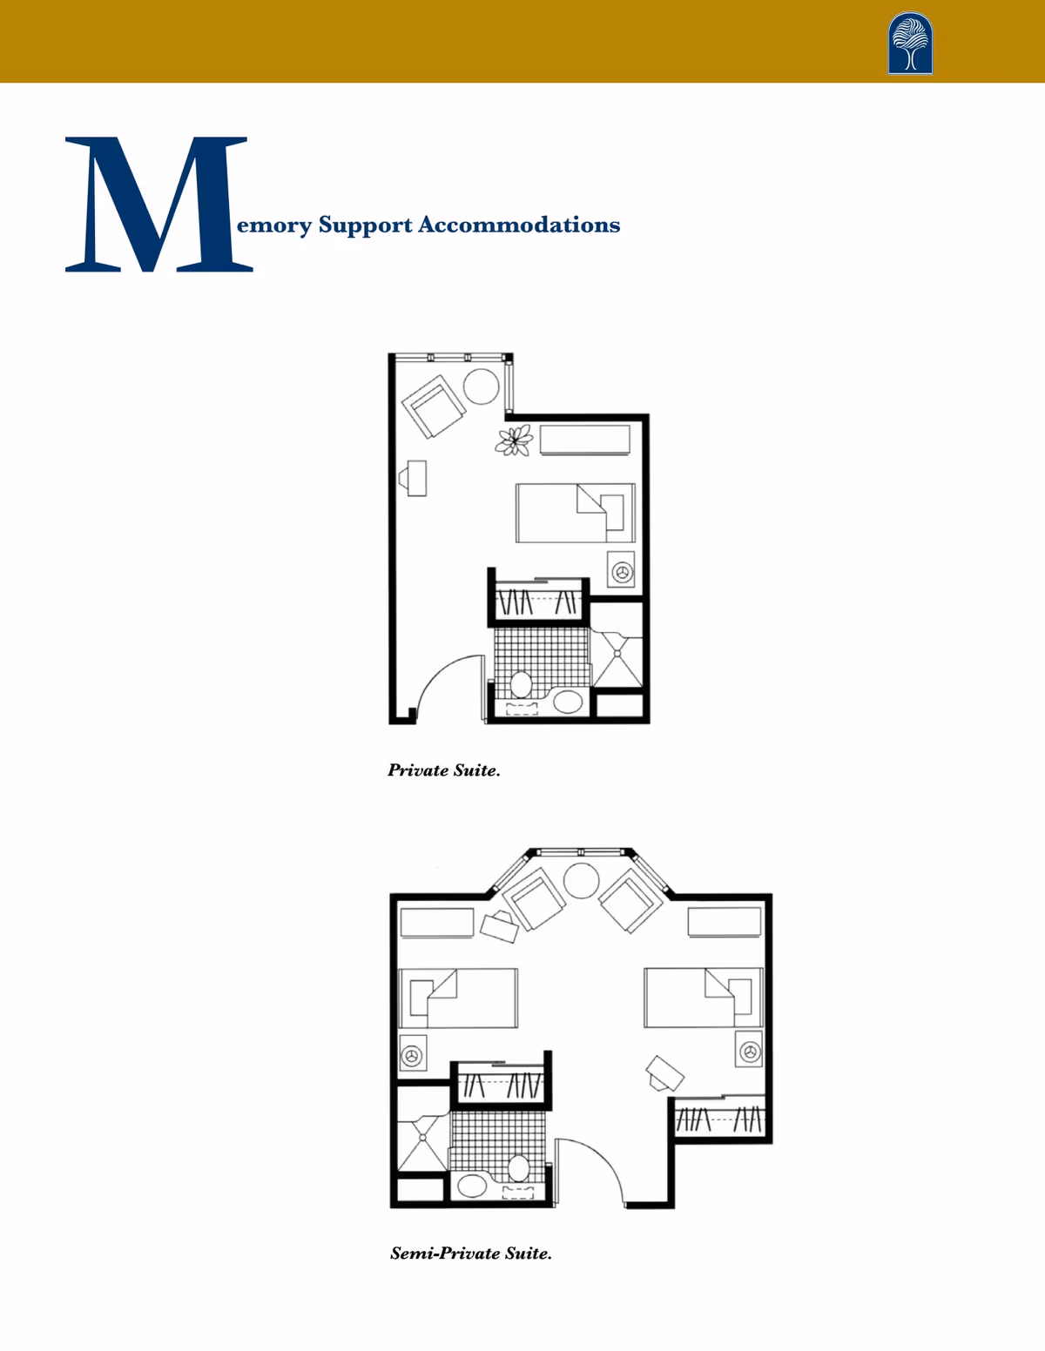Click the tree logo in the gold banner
[910, 43]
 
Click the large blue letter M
[158, 205]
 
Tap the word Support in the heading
[365, 225]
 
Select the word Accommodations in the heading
[519, 225]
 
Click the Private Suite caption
[444, 771]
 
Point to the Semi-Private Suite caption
[471, 1253]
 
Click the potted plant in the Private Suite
[514, 440]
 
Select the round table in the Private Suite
[481, 386]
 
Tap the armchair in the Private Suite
[434, 406]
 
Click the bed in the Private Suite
[575, 513]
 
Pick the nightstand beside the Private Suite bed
[621, 569]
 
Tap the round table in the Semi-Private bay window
[581, 880]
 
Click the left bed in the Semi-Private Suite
[457, 998]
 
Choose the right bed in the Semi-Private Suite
[704, 998]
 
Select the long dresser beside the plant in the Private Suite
[584, 440]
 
